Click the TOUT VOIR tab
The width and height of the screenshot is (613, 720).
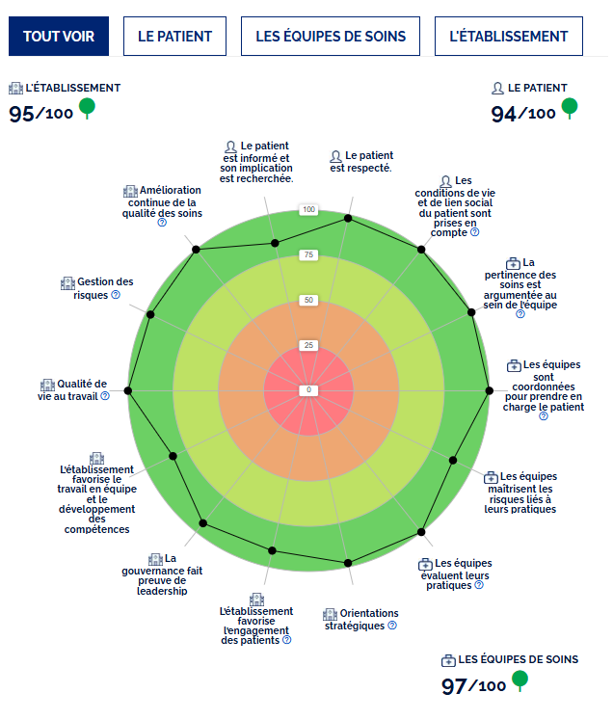pyautogui.click(x=59, y=37)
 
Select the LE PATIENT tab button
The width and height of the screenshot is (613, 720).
pyautogui.click(x=174, y=37)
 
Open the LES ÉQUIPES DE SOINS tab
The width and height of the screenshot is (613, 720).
pyautogui.click(x=331, y=37)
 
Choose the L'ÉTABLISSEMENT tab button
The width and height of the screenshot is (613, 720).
pyautogui.click(x=508, y=37)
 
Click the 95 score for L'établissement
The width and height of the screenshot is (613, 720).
pyautogui.click(x=22, y=114)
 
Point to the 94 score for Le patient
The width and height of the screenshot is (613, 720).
pyautogui.click(x=504, y=114)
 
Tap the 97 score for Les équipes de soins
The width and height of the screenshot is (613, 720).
pyautogui.click(x=454, y=686)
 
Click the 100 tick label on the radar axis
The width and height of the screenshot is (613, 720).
pyautogui.click(x=308, y=210)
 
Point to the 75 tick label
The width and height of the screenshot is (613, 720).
pyautogui.click(x=308, y=255)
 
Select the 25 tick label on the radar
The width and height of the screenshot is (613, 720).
pyautogui.click(x=308, y=345)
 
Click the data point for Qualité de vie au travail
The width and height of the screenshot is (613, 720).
pyautogui.click(x=129, y=390)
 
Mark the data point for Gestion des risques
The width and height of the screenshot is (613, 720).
pyautogui.click(x=150, y=314)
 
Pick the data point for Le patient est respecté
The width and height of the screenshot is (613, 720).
pyautogui.click(x=348, y=221)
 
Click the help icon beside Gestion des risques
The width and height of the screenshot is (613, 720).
pyautogui.click(x=116, y=295)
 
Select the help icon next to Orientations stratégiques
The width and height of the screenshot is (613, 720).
pyautogui.click(x=392, y=626)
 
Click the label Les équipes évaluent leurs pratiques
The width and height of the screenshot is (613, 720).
pyautogui.click(x=457, y=574)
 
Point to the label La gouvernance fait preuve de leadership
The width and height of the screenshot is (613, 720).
pyautogui.click(x=170, y=574)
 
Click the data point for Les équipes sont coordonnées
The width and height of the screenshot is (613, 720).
pyautogui.click(x=489, y=390)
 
